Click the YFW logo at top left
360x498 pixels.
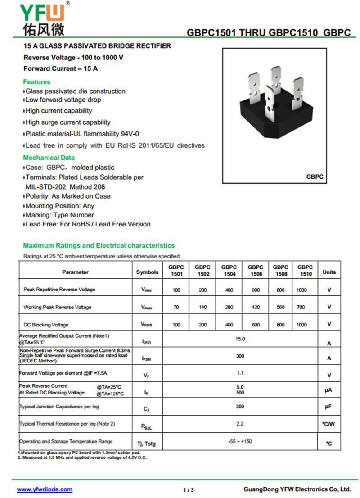(43, 18)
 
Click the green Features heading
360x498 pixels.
(36, 82)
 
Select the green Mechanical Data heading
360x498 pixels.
(49, 158)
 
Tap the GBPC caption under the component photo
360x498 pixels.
(315, 177)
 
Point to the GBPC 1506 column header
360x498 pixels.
(255, 271)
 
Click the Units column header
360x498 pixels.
(329, 272)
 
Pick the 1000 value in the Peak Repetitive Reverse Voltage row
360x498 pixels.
(301, 290)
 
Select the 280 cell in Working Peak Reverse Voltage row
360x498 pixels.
(229, 307)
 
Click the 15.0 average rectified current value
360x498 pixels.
(240, 339)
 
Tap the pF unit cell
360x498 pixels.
(329, 407)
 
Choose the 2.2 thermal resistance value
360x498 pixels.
(240, 424)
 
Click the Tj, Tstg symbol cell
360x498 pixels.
(147, 444)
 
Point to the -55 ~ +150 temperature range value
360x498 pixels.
(240, 442)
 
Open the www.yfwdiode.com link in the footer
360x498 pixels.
(45, 489)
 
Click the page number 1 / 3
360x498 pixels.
(189, 490)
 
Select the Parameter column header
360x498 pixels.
(75, 272)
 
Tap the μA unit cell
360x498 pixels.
(329, 390)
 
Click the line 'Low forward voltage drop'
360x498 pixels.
(63, 100)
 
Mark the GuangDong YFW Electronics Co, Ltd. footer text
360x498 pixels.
(297, 489)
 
